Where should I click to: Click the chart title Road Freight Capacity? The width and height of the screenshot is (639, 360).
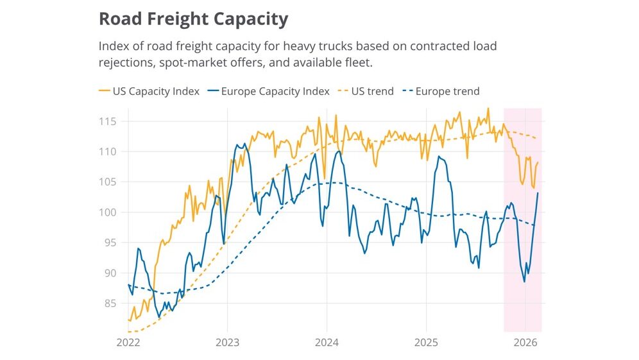[x=193, y=19]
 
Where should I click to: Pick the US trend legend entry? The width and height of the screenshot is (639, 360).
[x=372, y=91]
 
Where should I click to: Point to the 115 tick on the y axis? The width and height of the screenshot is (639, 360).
[x=108, y=121]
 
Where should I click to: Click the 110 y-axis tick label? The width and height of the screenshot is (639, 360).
[x=108, y=151]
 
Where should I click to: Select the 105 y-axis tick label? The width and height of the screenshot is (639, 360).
[x=108, y=182]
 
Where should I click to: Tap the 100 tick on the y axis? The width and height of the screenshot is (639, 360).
[x=108, y=212]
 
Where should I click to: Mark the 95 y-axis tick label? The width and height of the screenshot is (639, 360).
[x=110, y=243]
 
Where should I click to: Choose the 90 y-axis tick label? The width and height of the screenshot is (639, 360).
[x=110, y=273]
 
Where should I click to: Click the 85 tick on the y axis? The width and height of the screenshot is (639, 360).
[x=110, y=303]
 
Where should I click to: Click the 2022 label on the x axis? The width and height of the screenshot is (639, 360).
[x=128, y=342]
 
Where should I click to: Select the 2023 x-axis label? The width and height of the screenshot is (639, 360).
[x=227, y=342]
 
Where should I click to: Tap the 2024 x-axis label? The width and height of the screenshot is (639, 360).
[x=327, y=342]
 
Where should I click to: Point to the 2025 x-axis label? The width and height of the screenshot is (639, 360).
[x=426, y=342]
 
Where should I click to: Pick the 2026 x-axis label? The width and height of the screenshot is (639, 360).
[x=525, y=342]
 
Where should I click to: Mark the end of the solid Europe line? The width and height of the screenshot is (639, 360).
[x=538, y=193]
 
